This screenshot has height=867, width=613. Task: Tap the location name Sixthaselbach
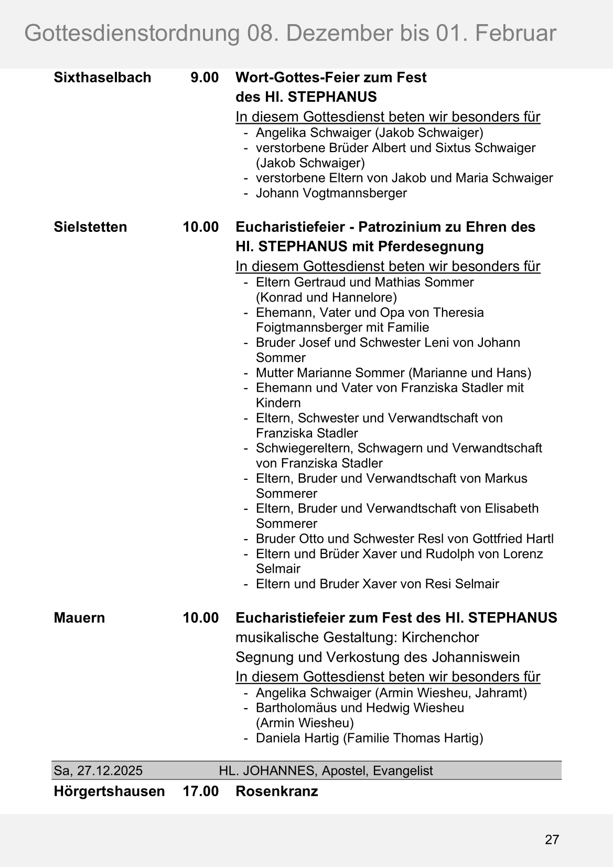(x=102, y=78)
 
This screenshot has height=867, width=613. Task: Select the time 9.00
(x=205, y=78)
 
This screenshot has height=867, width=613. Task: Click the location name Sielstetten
(x=90, y=227)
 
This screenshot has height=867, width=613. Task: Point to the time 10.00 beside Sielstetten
(x=200, y=227)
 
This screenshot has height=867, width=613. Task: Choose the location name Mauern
(x=79, y=618)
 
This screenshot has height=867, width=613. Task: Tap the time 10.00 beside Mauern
(x=200, y=618)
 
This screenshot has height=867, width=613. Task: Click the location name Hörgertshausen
(x=109, y=791)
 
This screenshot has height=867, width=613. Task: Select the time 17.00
(x=200, y=791)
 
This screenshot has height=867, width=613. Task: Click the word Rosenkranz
(x=277, y=791)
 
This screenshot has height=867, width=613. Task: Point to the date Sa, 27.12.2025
(x=98, y=770)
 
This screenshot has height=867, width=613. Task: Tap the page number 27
(x=552, y=840)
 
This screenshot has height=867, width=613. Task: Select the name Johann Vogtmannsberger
(x=331, y=193)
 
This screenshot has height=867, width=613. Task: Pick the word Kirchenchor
(x=440, y=637)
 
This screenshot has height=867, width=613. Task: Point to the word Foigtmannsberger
(x=320, y=328)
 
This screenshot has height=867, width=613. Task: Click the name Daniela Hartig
(x=297, y=738)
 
